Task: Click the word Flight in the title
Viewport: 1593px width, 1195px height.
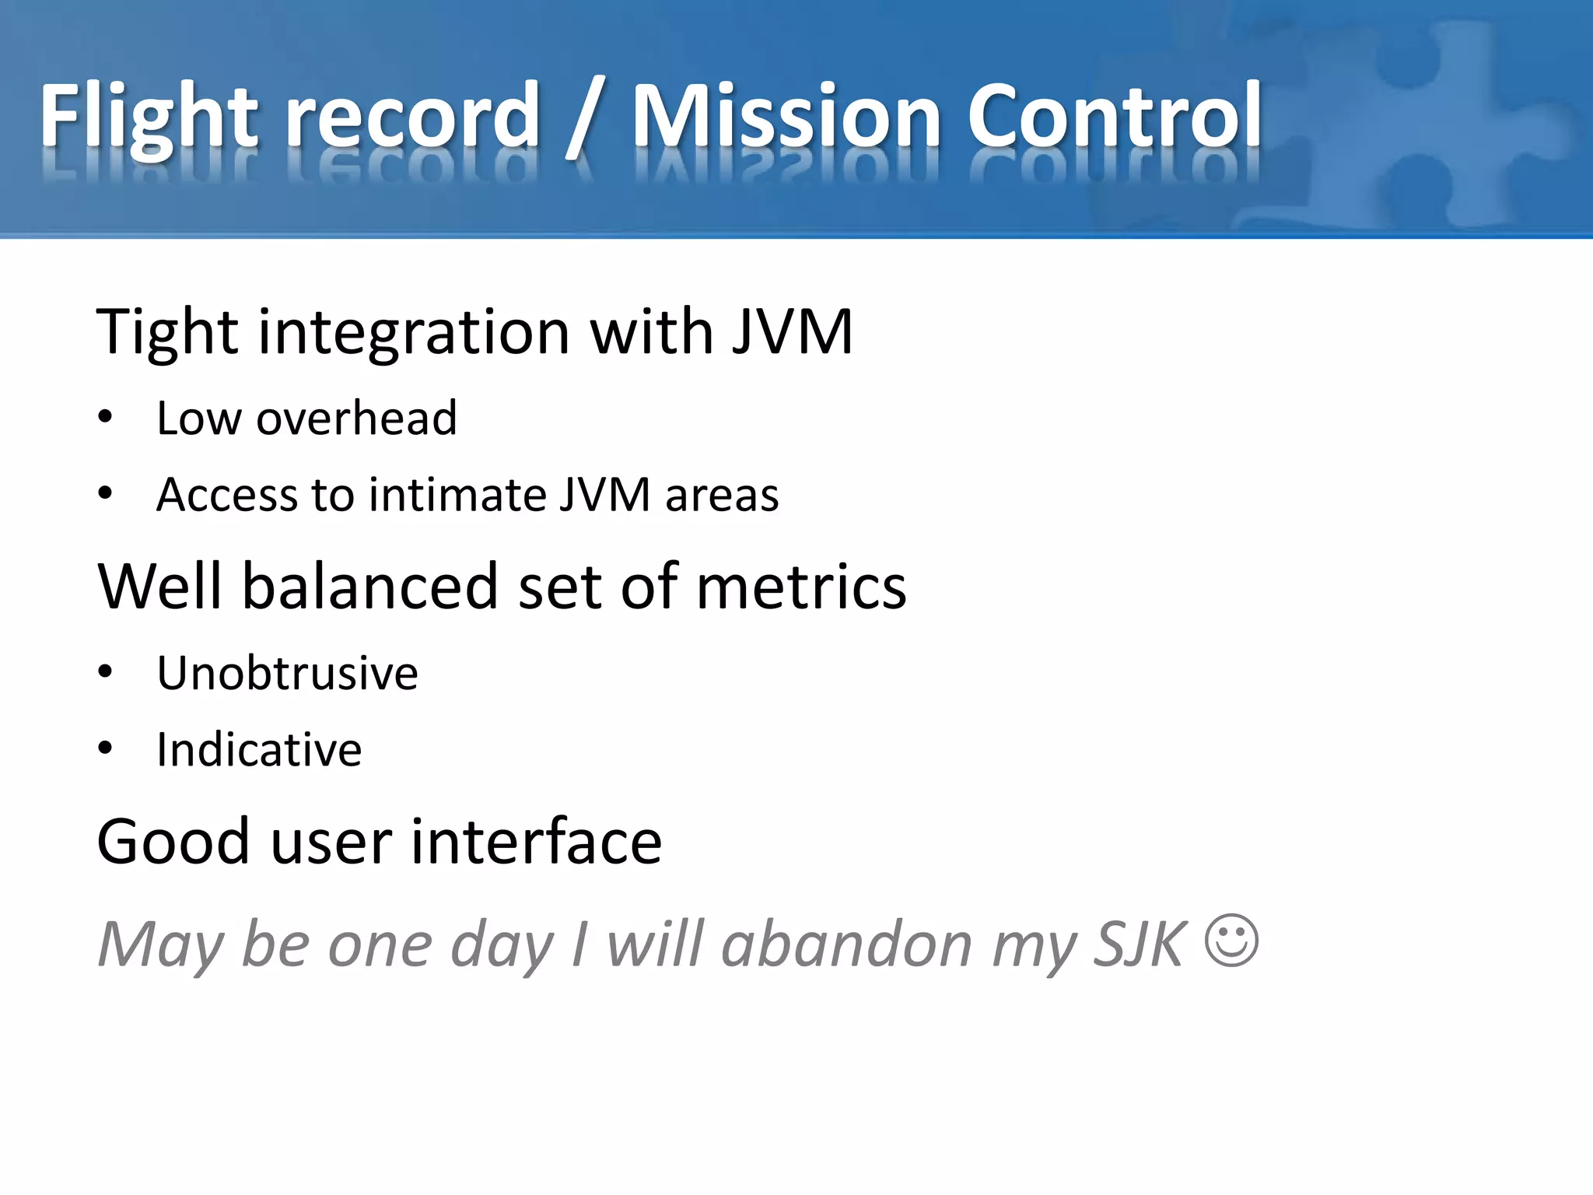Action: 148,117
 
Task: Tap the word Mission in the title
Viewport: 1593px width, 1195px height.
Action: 786,117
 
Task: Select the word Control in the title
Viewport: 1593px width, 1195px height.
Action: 1114,117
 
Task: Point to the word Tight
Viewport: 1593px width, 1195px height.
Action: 166,333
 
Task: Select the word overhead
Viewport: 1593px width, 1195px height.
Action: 356,419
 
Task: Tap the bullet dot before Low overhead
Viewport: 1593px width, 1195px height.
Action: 106,418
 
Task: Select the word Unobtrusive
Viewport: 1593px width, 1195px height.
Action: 287,673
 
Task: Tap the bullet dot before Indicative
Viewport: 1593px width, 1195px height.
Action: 106,748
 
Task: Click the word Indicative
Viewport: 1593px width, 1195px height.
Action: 259,750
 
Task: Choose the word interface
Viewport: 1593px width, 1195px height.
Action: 536,842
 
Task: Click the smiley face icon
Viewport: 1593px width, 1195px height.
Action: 1231,941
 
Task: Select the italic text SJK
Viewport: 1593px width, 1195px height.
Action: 1140,944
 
